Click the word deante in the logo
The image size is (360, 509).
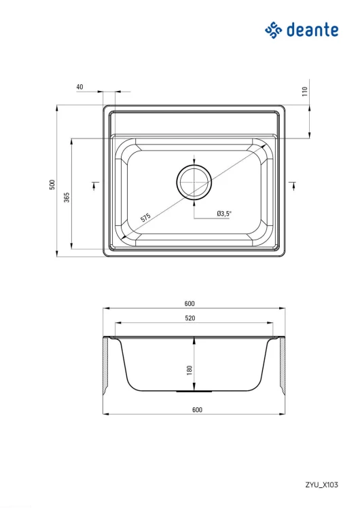pos(312,30)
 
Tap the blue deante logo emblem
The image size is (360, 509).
pos(274,30)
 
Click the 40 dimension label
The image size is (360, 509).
pos(79,87)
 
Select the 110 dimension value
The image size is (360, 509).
pos(304,91)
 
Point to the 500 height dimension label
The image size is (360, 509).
pos(52,185)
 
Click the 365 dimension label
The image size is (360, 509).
pos(67,197)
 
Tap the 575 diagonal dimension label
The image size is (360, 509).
pos(145,217)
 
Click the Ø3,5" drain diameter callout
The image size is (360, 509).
pos(224,213)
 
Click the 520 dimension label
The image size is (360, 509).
pos(190,318)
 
